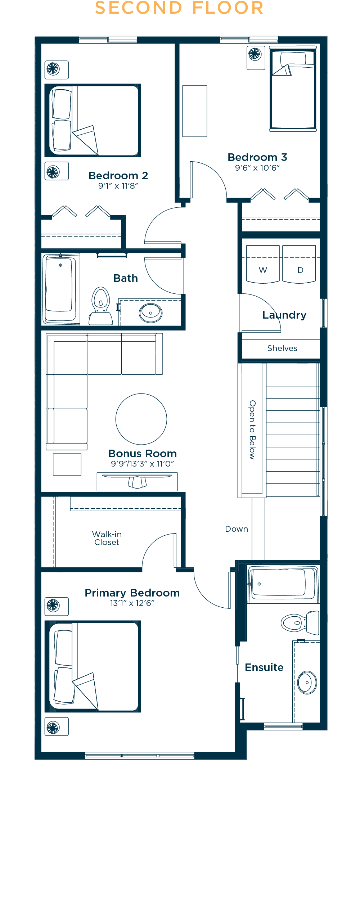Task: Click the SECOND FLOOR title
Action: pos(179,8)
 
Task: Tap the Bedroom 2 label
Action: pos(118,176)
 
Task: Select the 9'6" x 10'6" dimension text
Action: pos(257,168)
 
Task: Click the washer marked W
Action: pos(263,264)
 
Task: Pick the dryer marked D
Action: pos(299,264)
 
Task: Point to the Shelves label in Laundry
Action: pos(282,348)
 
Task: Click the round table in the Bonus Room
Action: pos(141,419)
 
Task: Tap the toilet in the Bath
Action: pos(101,306)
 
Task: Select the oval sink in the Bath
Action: pos(151,313)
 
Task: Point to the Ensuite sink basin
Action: pos(307,682)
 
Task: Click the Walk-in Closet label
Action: pos(107,538)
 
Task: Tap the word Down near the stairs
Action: pos(237,529)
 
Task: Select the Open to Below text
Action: pos(252,430)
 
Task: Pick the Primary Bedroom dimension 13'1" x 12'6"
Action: pos(132,603)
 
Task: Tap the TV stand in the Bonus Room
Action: pos(137,482)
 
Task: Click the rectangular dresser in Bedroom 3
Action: pos(195,111)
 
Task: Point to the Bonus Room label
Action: pos(143,454)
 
